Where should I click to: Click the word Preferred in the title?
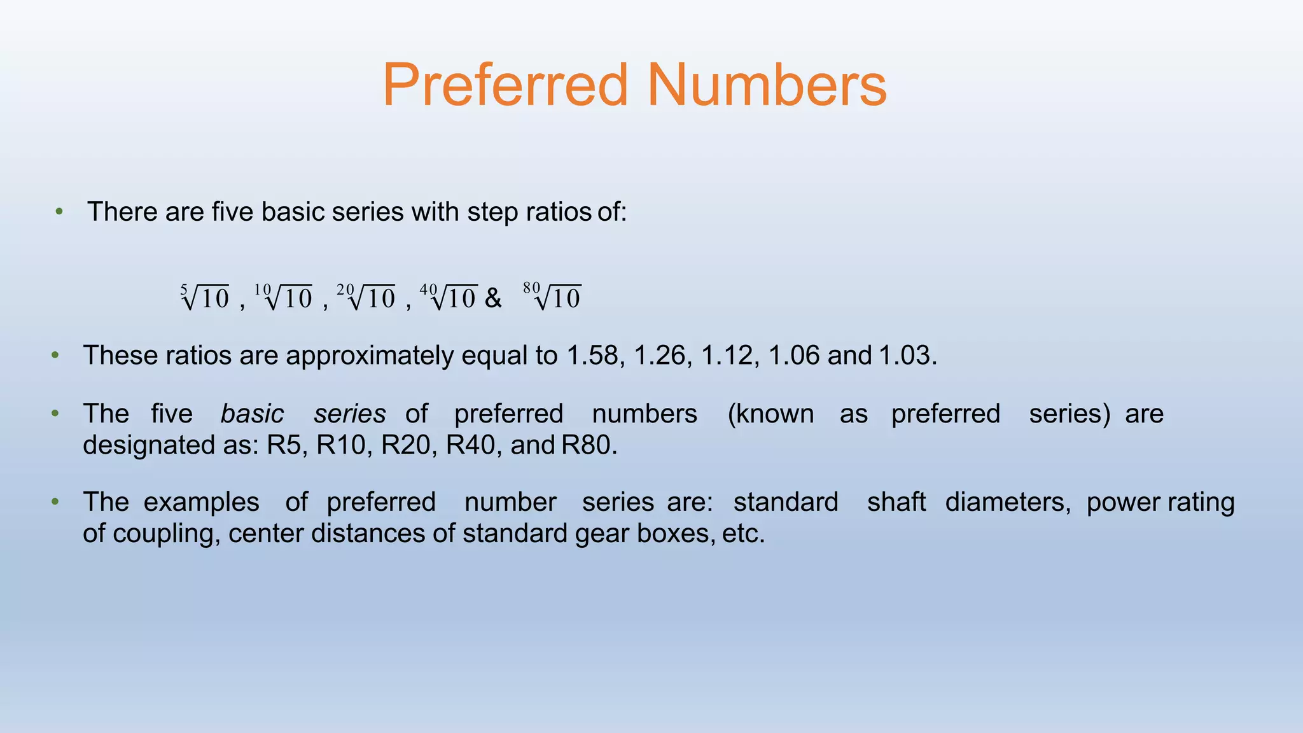pos(505,85)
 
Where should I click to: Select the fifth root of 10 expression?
pos(205,297)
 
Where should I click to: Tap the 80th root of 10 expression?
pos(552,297)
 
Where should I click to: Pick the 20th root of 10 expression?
pos(366,297)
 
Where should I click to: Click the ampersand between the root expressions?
pos(493,298)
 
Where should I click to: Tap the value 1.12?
pos(727,355)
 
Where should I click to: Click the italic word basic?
pos(252,414)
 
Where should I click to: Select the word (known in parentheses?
pos(770,414)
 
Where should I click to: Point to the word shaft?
pos(896,502)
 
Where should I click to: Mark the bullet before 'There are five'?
pos(59,212)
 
